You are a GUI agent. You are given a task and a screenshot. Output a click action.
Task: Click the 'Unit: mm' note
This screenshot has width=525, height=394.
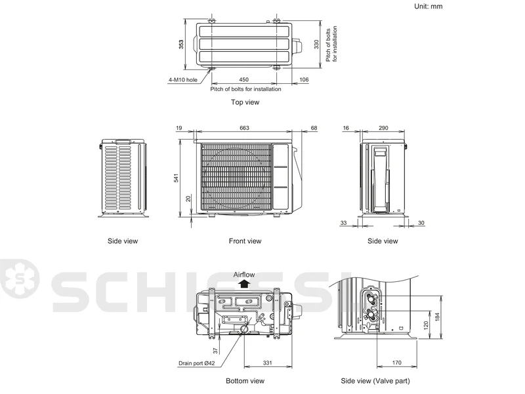[429, 7]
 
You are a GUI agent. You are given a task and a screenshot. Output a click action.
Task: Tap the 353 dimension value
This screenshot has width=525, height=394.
[181, 45]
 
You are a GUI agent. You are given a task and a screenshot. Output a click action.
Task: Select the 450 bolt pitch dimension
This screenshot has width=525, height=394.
[243, 79]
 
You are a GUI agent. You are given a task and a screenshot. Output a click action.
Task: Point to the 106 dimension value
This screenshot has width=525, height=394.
[304, 79]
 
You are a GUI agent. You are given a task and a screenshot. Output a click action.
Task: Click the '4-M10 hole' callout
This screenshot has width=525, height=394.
[183, 80]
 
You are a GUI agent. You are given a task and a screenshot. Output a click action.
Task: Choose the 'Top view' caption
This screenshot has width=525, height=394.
[245, 102]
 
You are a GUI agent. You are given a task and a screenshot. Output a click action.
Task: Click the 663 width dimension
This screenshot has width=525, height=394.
[244, 128]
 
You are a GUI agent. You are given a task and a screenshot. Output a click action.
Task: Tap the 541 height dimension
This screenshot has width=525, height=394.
[176, 178]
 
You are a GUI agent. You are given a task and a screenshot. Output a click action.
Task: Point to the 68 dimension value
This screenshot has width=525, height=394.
[314, 128]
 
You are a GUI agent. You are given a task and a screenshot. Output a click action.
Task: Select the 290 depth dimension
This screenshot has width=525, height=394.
[383, 128]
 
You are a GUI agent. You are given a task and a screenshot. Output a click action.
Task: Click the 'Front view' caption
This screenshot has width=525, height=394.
[245, 241]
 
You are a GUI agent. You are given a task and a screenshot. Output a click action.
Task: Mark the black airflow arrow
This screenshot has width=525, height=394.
[245, 284]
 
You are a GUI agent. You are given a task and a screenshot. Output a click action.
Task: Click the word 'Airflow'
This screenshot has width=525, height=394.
[244, 275]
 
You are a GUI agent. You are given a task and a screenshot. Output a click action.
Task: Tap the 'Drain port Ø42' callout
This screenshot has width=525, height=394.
[196, 363]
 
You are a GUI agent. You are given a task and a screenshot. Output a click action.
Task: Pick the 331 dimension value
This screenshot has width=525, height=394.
[268, 363]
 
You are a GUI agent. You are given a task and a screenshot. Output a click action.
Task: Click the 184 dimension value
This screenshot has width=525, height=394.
[437, 317]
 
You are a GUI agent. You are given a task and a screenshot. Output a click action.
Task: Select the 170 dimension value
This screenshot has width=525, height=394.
[397, 363]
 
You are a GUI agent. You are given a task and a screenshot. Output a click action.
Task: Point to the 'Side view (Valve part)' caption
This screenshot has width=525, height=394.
[375, 381]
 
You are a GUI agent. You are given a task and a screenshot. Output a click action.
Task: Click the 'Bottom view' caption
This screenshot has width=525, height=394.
[245, 381]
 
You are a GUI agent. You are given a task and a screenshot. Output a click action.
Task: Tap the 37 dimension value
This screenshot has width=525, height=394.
[215, 351]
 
